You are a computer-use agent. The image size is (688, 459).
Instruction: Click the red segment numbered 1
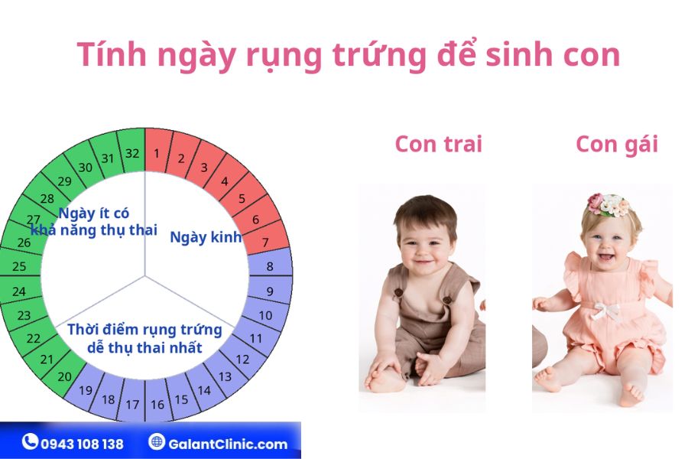[x=156, y=151]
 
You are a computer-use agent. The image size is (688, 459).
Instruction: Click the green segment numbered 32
[x=132, y=151]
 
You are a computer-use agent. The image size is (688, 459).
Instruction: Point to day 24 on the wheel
[x=20, y=291]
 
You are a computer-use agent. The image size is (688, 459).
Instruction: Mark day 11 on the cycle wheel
[x=257, y=337]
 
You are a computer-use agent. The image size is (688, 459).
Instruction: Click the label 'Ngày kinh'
[x=206, y=237]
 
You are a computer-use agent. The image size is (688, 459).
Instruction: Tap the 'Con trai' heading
[x=438, y=144]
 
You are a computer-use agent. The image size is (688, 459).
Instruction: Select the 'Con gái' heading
[x=617, y=145]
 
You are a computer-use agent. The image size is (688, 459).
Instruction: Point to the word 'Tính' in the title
[x=112, y=54]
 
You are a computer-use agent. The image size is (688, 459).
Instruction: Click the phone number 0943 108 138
[x=82, y=444]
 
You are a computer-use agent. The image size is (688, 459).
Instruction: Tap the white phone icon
[x=30, y=441]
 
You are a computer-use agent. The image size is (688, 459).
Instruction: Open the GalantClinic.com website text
[x=228, y=444]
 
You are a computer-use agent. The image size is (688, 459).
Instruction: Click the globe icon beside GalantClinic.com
[x=156, y=441]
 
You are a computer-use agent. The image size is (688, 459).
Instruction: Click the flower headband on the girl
[x=608, y=205]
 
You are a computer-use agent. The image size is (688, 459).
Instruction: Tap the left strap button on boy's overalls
[x=398, y=291]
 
